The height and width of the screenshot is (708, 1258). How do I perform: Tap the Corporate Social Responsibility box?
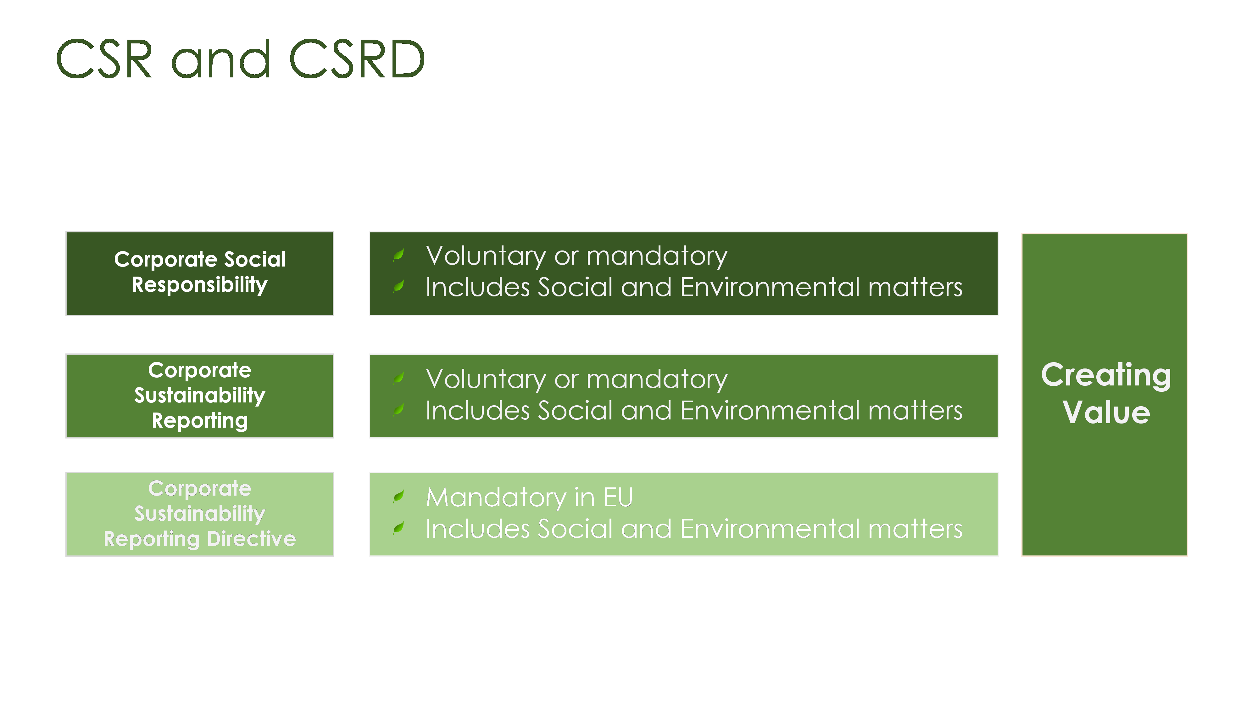200,274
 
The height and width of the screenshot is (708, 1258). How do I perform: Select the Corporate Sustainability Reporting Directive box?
200,514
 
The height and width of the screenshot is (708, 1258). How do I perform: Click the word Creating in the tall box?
1106,375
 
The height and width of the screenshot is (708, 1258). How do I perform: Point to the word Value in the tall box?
1106,412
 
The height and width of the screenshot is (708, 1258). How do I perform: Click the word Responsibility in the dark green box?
200,284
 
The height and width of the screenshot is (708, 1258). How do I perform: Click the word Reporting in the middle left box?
200,421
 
